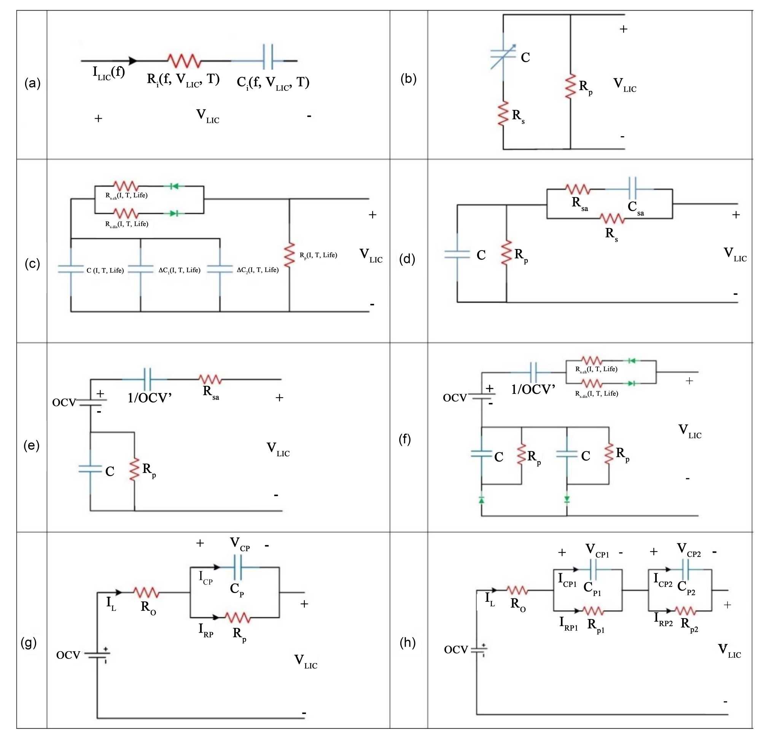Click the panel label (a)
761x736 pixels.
pos(32,83)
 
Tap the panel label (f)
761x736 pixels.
pos(404,439)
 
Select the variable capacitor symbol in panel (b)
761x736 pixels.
pos(503,56)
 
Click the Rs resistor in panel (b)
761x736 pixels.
pos(503,113)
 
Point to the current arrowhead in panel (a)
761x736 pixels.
pos(132,61)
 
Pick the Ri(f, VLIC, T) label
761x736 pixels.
pos(183,79)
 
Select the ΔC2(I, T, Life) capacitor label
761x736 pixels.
pos(258,270)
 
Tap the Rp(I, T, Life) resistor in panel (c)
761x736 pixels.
pos(289,255)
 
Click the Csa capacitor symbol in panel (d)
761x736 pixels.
pos(632,189)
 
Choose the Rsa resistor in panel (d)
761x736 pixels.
pos(578,189)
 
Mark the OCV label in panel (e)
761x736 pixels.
pos(64,403)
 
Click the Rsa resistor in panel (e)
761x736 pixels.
pos(210,379)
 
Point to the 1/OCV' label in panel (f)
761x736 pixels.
pos(533,389)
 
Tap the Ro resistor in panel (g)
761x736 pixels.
pos(146,592)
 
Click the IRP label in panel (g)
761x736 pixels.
pos(206,630)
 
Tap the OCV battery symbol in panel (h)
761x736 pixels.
pos(479,649)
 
